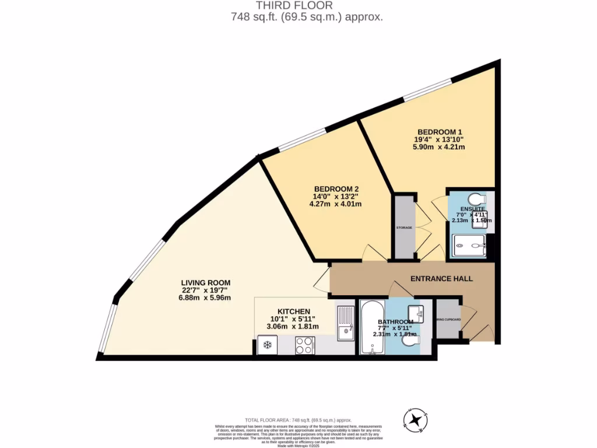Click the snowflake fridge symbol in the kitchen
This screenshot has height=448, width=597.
click(268, 345)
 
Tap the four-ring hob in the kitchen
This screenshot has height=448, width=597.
click(303, 346)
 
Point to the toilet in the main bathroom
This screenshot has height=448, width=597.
click(412, 346)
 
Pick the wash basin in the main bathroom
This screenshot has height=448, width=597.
click(416, 313)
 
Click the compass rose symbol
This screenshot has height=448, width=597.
click(415, 419)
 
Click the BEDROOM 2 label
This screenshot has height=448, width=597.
click(336, 188)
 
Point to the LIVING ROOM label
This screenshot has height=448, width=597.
click(206, 282)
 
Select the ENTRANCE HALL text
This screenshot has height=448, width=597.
click(441, 279)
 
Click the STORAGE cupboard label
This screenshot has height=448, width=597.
click(403, 227)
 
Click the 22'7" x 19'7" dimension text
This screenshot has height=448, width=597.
click(206, 290)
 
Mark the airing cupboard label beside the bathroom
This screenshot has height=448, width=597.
click(448, 320)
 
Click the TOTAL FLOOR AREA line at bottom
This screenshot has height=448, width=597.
click(298, 420)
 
